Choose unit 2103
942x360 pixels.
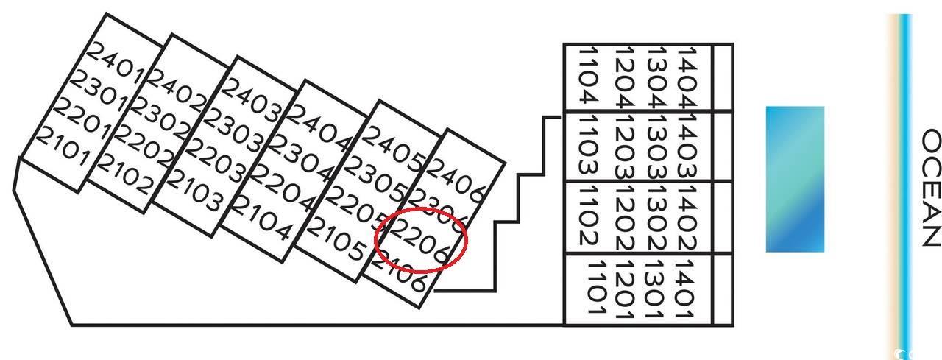point(194,190)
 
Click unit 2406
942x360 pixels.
point(457,180)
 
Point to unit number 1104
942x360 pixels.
point(589,75)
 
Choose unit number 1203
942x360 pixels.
point(625,147)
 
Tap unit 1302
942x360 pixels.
point(656,219)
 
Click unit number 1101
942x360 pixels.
point(597,288)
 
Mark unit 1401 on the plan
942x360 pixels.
point(685,289)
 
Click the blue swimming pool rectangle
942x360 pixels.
point(795,179)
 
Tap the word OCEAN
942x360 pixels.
point(931,188)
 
